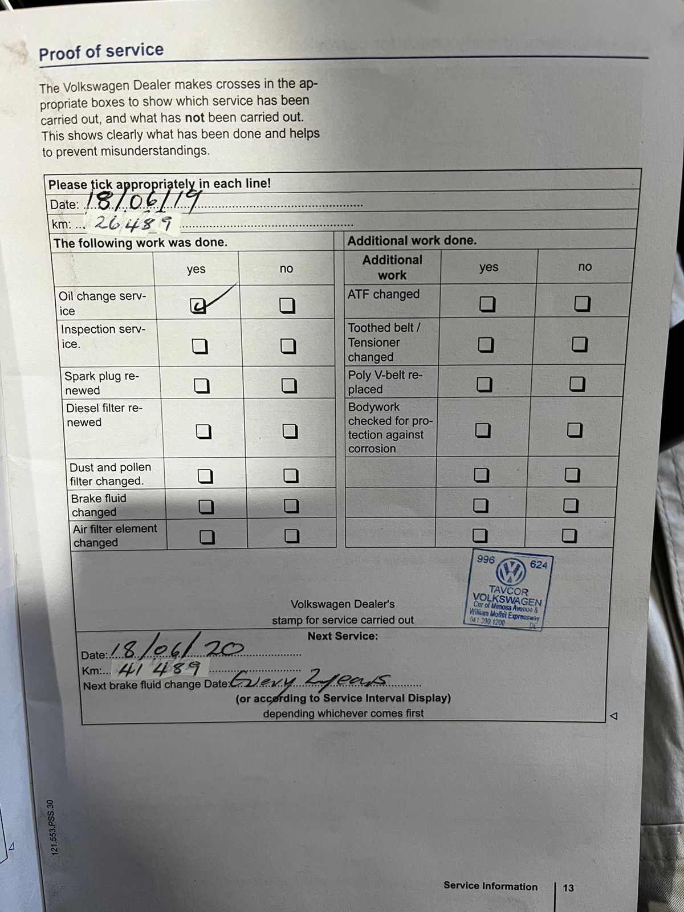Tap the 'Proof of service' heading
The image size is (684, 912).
coord(101,52)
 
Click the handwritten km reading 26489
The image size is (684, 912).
coord(132,223)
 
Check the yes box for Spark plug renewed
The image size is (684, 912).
coord(202,386)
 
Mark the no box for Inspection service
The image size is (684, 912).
coord(288,346)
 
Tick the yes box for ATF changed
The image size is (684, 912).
coord(487,304)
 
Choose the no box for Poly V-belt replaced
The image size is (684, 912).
coord(577,384)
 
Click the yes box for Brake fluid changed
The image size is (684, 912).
coord(206,506)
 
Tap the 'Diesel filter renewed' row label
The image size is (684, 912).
coord(104,415)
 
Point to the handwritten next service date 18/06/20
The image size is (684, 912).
coord(177,649)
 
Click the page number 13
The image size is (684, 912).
coord(568,887)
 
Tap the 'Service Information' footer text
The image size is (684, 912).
coord(490,886)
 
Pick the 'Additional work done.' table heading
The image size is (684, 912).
coord(412,241)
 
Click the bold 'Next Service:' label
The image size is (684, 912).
coord(343,636)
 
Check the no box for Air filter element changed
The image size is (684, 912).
coord(292,536)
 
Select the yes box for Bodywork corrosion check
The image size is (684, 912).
coord(483,430)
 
